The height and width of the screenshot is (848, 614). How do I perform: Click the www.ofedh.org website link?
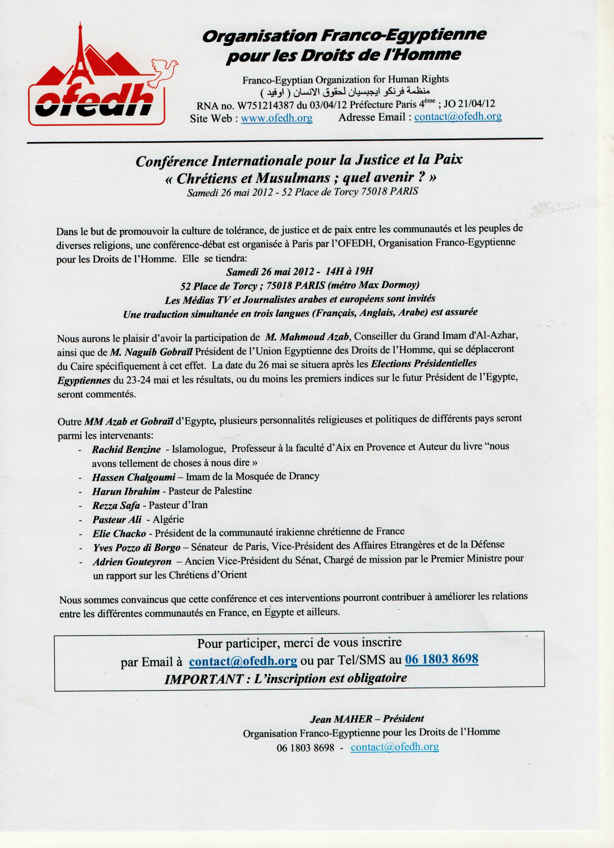pyautogui.click(x=277, y=119)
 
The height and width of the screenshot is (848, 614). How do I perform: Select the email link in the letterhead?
pyautogui.click(x=458, y=117)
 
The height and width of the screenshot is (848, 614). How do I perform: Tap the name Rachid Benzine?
pyautogui.click(x=126, y=449)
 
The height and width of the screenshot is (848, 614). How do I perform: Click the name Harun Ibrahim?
pyautogui.click(x=126, y=491)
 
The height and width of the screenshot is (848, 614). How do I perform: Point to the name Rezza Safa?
pyautogui.click(x=116, y=506)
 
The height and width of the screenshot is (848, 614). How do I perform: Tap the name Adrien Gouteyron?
pyautogui.click(x=132, y=562)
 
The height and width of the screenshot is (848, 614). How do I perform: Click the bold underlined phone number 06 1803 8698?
pyautogui.click(x=441, y=659)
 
